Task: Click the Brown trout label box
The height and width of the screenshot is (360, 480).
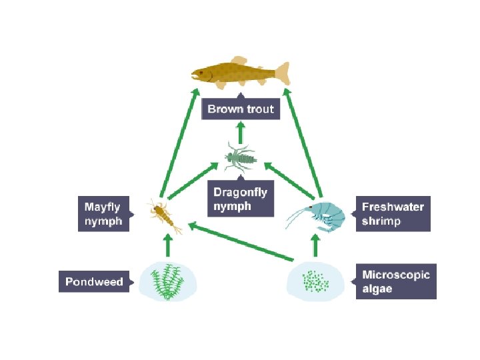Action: point(241,109)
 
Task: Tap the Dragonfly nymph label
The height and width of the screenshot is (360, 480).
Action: point(240,199)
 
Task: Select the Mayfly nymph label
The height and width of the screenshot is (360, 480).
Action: point(103,214)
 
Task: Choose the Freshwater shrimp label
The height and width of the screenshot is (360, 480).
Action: point(392,213)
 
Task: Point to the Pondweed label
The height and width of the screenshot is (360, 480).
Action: point(94,282)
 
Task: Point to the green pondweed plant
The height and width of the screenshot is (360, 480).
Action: point(167,281)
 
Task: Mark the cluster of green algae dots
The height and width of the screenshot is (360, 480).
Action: point(315,281)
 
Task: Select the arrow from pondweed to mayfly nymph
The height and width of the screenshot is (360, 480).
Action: point(167,247)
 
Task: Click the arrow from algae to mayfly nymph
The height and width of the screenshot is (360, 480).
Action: point(240,241)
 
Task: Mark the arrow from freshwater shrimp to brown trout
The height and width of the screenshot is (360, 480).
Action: point(303,143)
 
